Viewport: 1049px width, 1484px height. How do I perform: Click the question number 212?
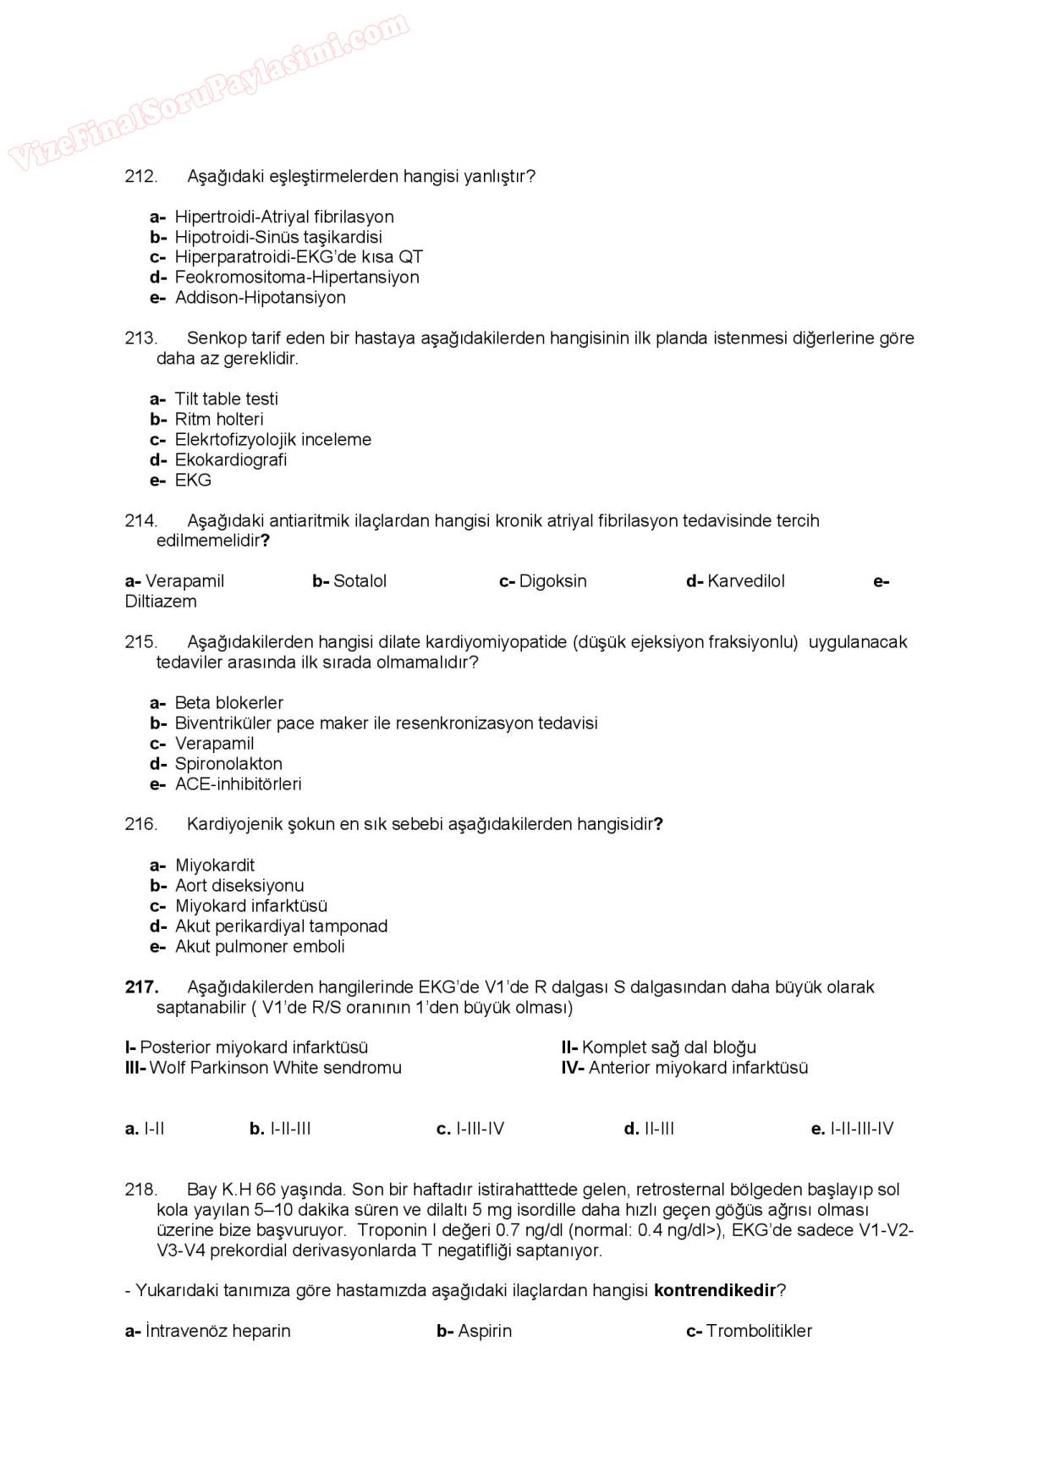140,177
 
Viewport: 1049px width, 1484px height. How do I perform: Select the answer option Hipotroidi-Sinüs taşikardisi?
277,237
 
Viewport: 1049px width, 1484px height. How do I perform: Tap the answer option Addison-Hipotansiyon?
260,298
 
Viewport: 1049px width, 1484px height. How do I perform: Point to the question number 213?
140,338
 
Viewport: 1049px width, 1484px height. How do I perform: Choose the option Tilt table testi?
226,399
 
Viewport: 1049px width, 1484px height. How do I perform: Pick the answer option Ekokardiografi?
230,460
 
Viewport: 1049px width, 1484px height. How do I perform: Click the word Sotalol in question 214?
360,581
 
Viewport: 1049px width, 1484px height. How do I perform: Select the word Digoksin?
552,581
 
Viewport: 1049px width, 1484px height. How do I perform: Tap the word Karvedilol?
746,581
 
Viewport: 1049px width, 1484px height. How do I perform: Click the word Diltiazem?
161,602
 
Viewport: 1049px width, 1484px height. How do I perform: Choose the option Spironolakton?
228,764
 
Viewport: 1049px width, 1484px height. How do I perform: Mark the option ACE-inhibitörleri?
238,784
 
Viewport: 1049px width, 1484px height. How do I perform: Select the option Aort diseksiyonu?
239,886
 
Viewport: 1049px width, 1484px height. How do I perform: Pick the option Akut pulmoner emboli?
260,947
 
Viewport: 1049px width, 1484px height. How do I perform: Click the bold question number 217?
141,987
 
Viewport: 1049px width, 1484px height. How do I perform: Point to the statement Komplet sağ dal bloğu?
668,1047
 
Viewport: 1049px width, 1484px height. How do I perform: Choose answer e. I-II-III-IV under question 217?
852,1129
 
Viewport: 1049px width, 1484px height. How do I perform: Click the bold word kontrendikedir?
715,1290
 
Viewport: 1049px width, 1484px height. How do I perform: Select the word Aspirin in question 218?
485,1331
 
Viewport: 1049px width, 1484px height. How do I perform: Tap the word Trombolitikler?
759,1331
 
